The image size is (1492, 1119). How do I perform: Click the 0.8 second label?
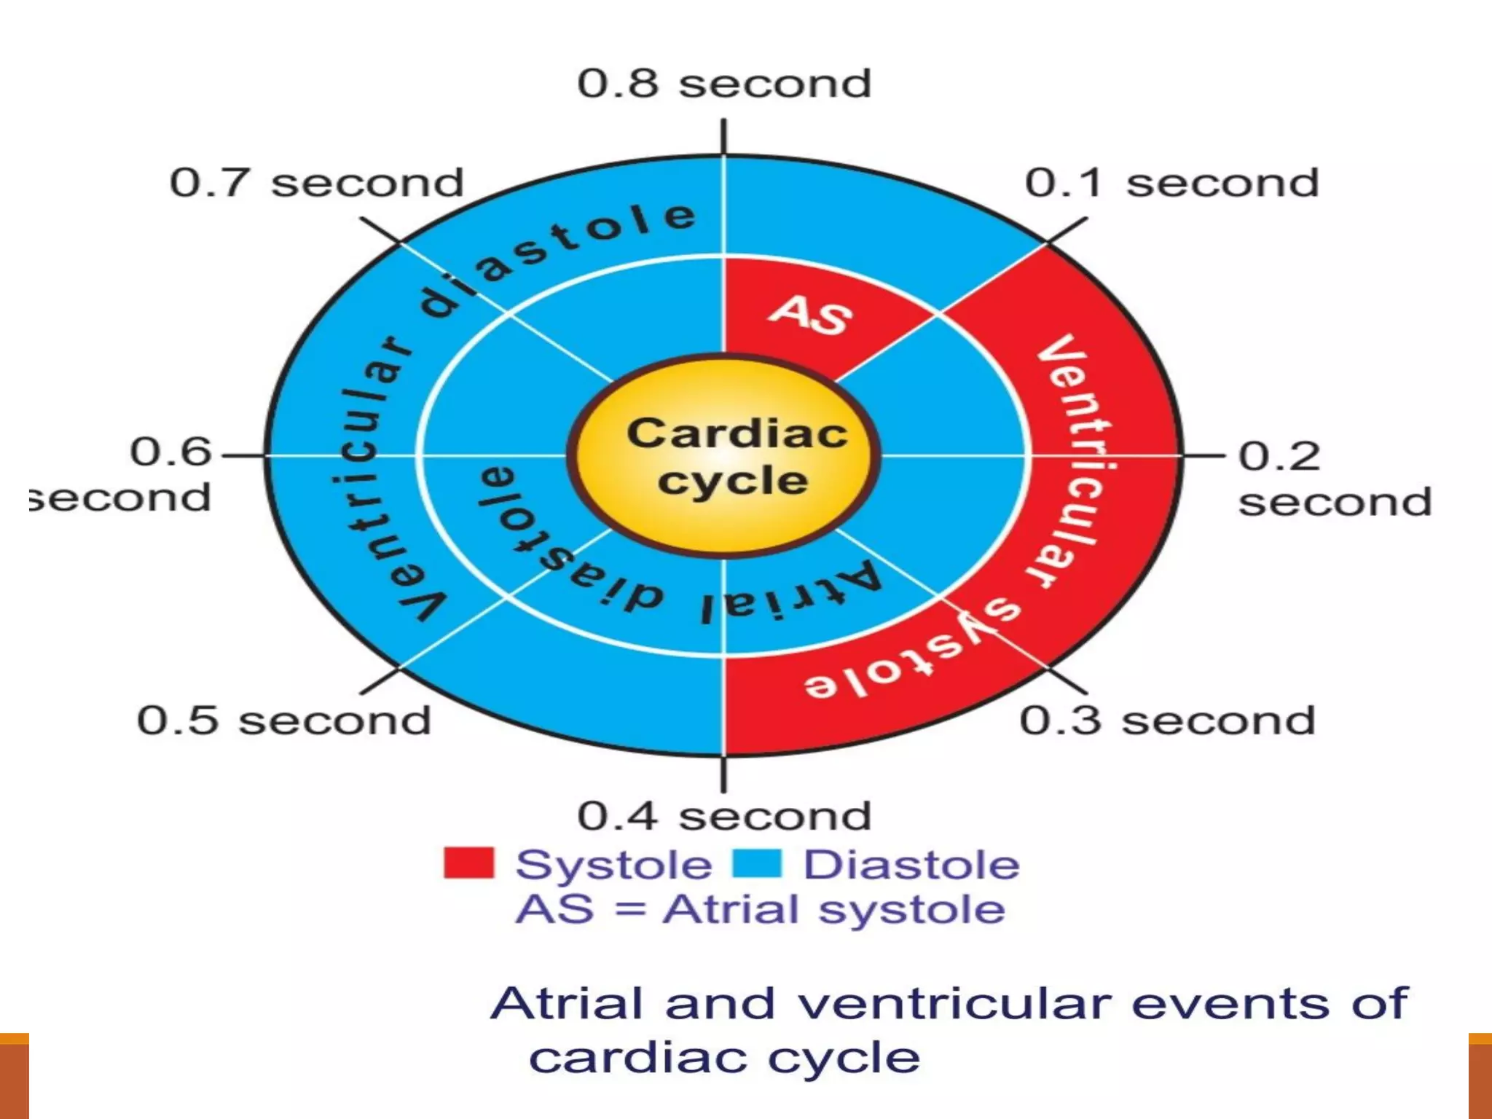coord(724,83)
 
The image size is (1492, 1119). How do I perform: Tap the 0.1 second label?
coord(1171,182)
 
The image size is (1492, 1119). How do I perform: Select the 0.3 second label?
coord(1167,721)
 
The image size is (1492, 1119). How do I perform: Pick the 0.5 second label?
coord(284,721)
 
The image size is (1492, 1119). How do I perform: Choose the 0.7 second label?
coord(316,182)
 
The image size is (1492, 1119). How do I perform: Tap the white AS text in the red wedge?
coord(810,315)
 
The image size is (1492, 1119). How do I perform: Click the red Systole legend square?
coord(468,863)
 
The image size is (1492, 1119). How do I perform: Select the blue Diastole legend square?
coord(756,863)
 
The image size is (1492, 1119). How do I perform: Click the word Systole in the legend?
coord(613,865)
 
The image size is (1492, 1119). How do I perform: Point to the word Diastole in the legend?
coord(911,865)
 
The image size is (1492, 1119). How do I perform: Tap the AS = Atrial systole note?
coord(761,910)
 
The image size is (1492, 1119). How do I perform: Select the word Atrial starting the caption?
coord(568,1004)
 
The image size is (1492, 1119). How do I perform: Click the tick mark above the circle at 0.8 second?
coord(723,137)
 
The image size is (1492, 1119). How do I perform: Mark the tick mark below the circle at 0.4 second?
coord(723,774)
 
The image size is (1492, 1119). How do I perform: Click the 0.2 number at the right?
coord(1279,457)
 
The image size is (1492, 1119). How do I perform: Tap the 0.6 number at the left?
coord(170,452)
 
